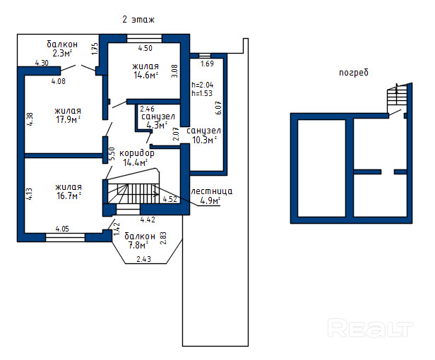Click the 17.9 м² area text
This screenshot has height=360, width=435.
click(x=68, y=119)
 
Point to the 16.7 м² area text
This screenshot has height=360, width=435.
click(x=68, y=197)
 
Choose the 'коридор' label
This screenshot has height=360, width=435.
click(x=136, y=153)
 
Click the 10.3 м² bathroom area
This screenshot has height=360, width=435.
click(x=204, y=140)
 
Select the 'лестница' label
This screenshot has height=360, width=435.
click(x=212, y=191)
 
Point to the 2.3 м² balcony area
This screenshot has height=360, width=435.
click(x=62, y=52)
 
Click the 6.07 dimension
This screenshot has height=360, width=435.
click(x=219, y=107)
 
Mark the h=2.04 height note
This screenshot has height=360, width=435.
click(x=202, y=84)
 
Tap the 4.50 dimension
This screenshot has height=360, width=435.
click(x=144, y=48)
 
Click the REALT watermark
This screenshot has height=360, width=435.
click(x=370, y=328)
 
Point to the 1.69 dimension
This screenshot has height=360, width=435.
click(x=207, y=64)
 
